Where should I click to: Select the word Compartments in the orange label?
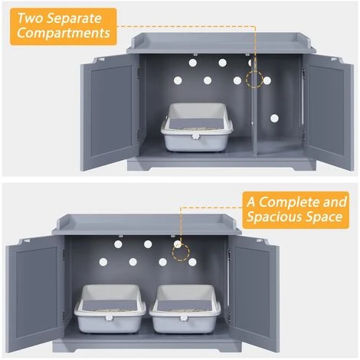64,33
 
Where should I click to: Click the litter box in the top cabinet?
197,127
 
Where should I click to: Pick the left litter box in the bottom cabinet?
110,309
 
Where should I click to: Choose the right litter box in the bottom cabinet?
185,309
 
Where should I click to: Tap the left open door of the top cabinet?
110,113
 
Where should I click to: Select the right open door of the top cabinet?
328,113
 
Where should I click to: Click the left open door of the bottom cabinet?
35,293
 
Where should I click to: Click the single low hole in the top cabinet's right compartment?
274,118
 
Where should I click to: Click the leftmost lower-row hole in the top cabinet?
178,80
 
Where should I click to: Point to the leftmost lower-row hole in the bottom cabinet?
103,262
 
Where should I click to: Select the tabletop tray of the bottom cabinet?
147,224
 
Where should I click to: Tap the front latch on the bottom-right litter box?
184,318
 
